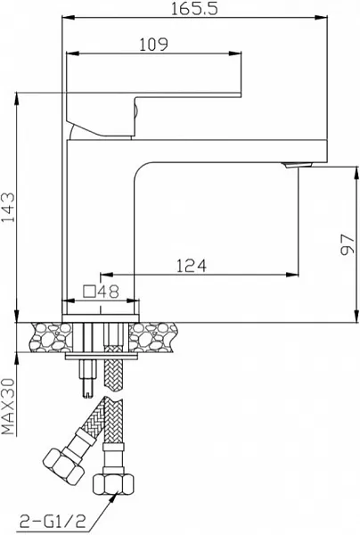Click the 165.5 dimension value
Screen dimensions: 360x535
point(193,8)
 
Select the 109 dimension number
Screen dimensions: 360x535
point(154,45)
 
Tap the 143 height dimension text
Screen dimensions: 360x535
point(9,208)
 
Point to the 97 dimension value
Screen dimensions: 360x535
point(348,244)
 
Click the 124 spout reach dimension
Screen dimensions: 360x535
point(192,266)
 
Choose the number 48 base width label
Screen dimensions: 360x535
point(109,292)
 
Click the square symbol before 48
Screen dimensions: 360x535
point(89,292)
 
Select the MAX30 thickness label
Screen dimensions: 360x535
point(9,407)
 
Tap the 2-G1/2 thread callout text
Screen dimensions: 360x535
point(53,521)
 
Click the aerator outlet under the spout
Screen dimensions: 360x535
point(298,165)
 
